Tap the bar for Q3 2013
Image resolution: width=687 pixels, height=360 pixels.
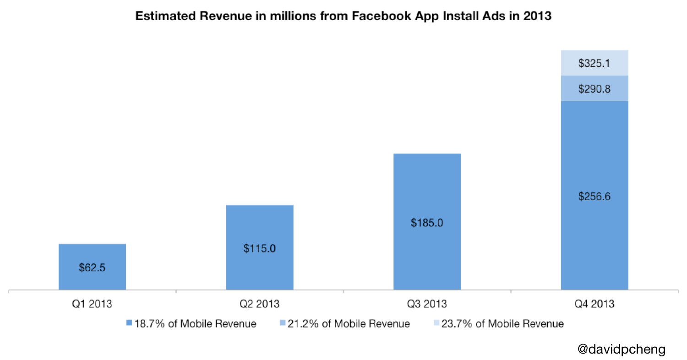[x=427, y=192]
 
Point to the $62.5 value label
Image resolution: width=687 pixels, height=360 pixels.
[x=92, y=268]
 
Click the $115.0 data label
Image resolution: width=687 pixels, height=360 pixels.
[x=260, y=249]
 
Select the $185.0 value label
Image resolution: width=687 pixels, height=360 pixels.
[x=427, y=223]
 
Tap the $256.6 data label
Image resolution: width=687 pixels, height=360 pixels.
[x=594, y=196]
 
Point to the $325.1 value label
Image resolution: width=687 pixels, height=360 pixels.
[x=594, y=63]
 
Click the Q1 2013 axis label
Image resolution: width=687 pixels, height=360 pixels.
[x=92, y=304]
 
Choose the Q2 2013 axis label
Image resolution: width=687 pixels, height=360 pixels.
[x=260, y=304]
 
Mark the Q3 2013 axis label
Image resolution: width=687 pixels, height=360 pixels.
[x=427, y=304]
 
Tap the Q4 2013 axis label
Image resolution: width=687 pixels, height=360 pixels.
[x=594, y=304]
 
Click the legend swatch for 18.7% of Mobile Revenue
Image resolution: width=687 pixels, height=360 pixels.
[x=129, y=324]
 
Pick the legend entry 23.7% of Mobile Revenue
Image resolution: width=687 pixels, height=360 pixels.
[x=499, y=324]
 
